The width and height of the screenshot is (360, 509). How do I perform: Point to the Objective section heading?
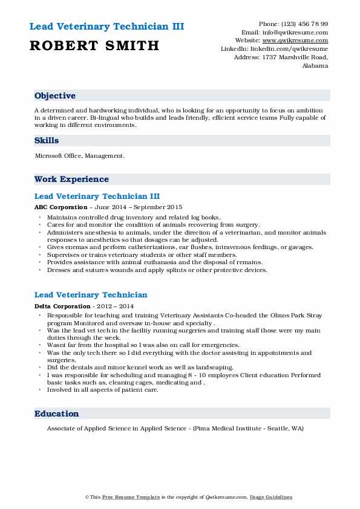click(x=55, y=96)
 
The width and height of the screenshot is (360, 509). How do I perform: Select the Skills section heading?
click(x=47, y=140)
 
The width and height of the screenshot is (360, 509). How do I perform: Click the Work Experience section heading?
click(x=71, y=179)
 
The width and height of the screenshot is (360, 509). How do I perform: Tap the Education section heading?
click(x=57, y=413)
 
